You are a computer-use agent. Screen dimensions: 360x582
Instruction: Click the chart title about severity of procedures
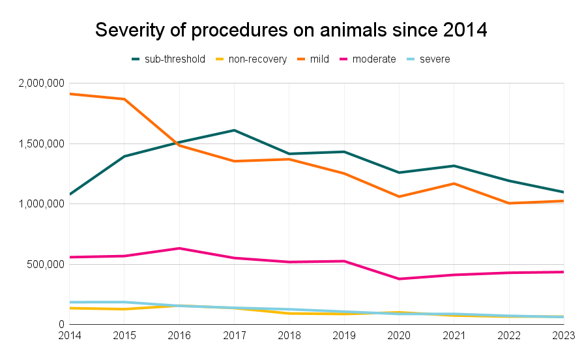coord(291,30)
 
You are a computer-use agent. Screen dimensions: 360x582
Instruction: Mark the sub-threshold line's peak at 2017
coord(234,130)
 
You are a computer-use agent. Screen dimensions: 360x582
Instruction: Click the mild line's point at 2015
coord(124,99)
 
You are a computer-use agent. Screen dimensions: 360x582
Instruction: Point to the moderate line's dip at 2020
coord(399,279)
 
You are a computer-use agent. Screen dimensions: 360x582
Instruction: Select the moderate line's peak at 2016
coord(179,248)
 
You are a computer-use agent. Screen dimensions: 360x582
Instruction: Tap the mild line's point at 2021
coord(454,183)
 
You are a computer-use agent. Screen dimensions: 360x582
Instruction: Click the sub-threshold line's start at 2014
coord(70,194)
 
